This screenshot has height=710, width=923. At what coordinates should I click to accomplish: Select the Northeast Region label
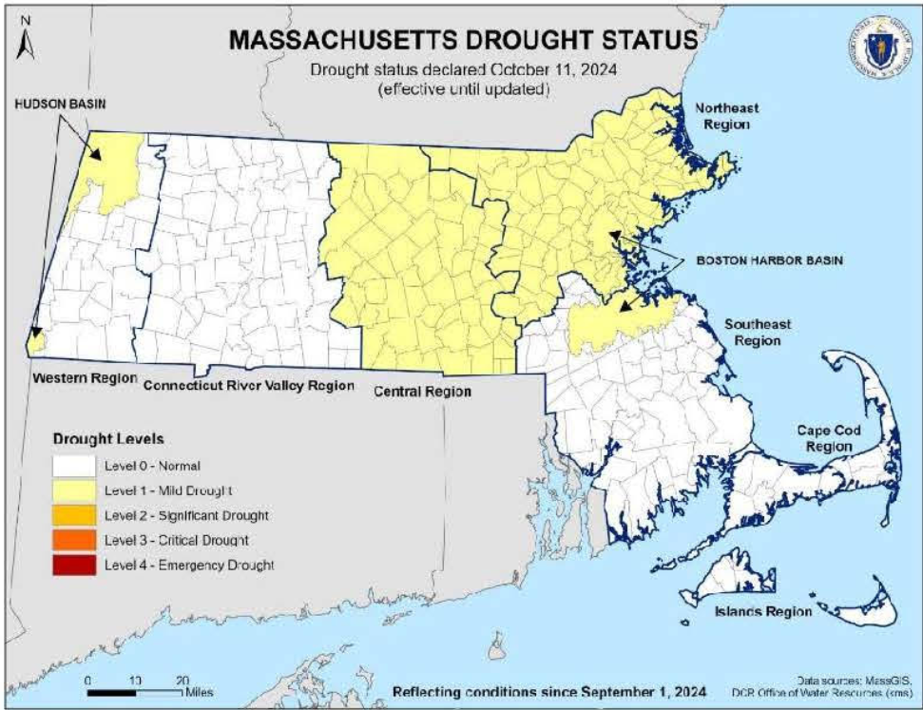pos(726,116)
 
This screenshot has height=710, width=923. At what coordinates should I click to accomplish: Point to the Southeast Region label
pos(758,332)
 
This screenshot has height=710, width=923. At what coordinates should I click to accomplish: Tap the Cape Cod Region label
pos(829,438)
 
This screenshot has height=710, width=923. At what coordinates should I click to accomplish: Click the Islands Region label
pos(763,611)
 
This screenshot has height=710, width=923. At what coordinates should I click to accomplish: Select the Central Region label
pos(423,391)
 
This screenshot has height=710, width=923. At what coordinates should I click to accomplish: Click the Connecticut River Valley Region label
pos(248,386)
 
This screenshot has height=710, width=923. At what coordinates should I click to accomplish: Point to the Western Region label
pos(79,377)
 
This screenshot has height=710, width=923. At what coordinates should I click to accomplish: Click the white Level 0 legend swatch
pos(73,466)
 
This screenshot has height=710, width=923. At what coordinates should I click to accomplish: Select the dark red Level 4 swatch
pos(73,565)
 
